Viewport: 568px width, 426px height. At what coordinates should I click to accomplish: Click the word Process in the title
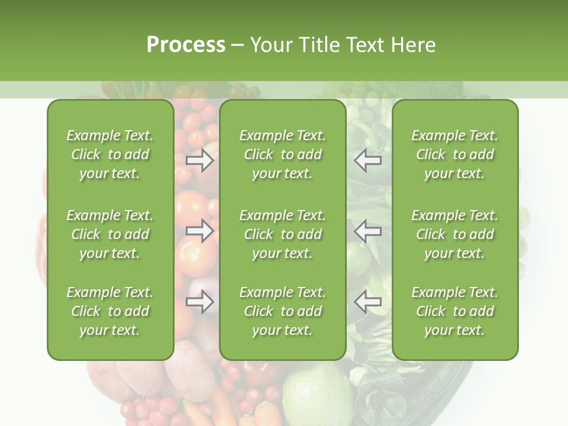pos(186,45)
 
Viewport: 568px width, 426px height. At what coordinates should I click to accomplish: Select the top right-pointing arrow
pos(200,160)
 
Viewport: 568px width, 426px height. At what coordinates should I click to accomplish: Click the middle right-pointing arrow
pos(200,231)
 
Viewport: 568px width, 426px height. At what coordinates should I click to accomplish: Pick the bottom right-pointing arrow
pos(200,302)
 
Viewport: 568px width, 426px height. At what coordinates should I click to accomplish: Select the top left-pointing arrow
pos(368,160)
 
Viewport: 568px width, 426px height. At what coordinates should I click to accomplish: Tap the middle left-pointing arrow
pos(368,230)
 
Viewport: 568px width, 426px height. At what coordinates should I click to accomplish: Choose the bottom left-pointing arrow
pos(368,302)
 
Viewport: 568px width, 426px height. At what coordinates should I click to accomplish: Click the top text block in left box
pos(110,154)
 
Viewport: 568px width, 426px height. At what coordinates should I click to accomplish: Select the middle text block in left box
pos(110,234)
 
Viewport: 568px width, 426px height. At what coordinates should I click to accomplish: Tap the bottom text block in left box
pos(110,311)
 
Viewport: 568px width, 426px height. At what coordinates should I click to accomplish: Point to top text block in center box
pos(283,154)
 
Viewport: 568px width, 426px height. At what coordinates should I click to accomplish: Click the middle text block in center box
pos(283,234)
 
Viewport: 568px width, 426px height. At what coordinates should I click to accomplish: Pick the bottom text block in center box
pos(283,311)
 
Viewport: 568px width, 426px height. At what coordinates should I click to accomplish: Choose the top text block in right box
pos(455,154)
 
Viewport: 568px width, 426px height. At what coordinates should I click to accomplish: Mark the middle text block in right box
pos(455,234)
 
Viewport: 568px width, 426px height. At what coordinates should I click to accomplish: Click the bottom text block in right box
pos(455,311)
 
